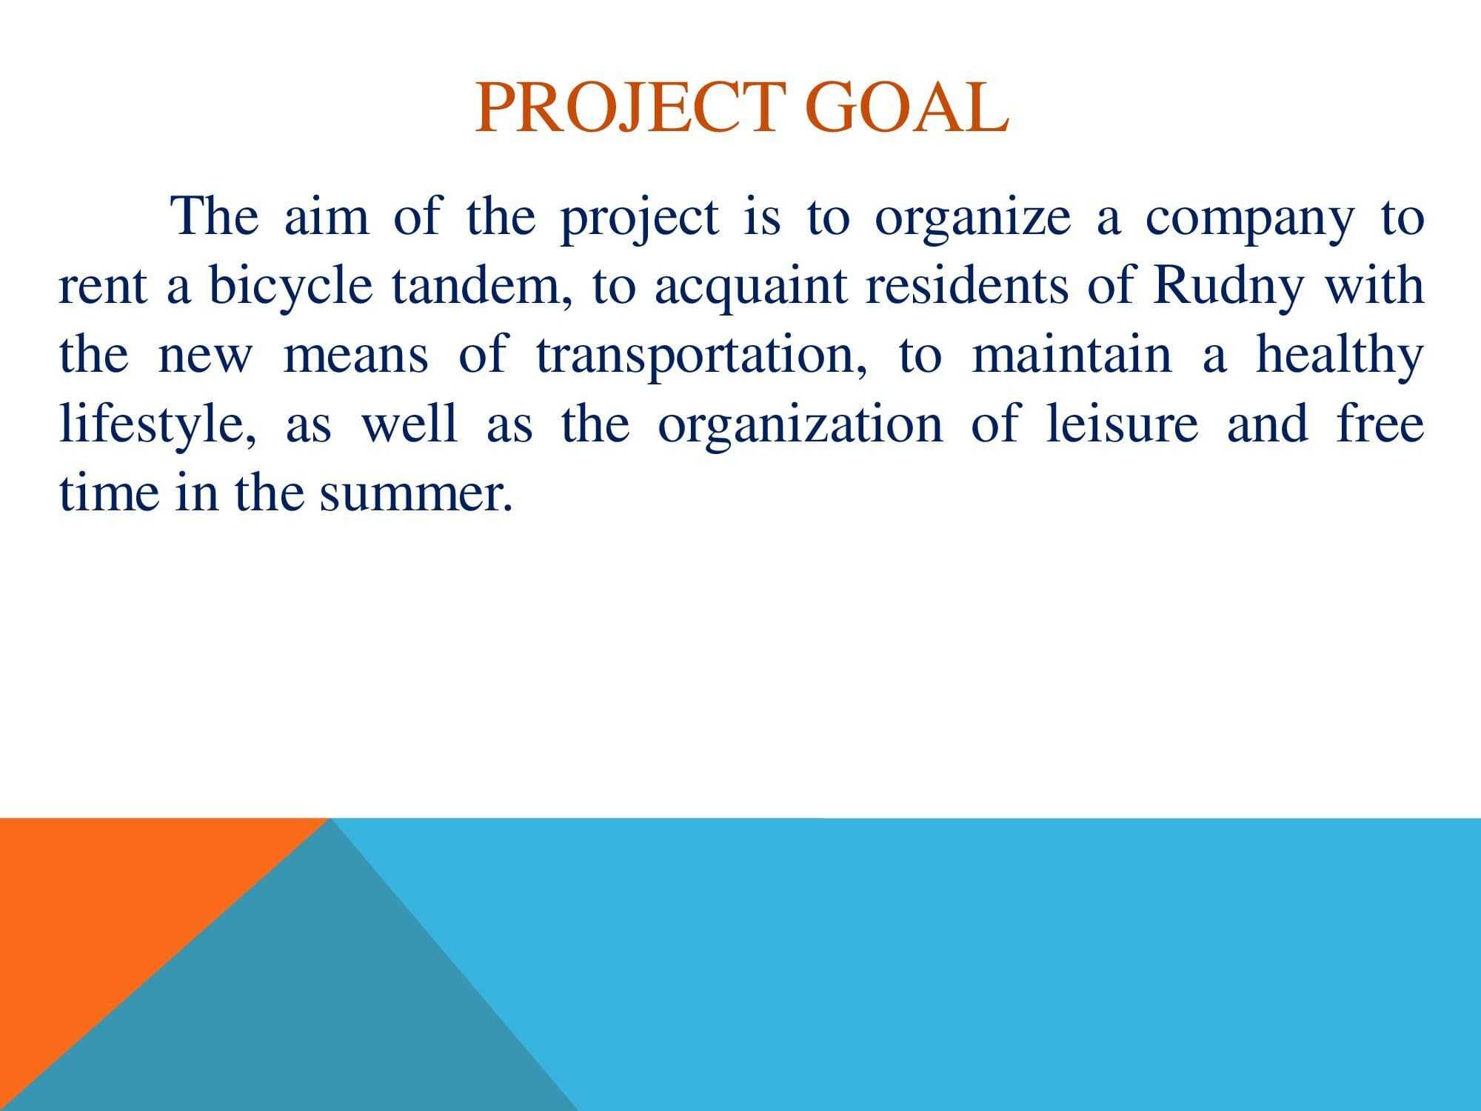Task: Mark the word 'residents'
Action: point(966,286)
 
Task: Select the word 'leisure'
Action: point(1122,423)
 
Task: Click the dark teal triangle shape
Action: point(296,1022)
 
